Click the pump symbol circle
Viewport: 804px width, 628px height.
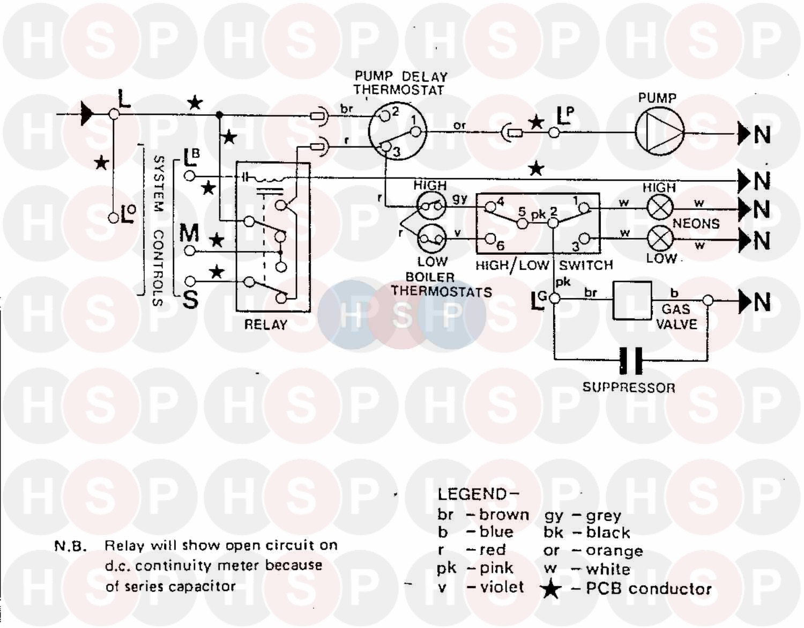pos(660,131)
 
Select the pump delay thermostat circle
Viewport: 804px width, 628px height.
pos(397,131)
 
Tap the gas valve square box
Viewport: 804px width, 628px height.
pos(632,300)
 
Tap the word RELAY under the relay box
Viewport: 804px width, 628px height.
pos(265,324)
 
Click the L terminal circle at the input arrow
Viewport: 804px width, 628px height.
pos(114,114)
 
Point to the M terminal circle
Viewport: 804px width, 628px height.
pos(189,250)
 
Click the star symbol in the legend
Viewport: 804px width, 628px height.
pos(550,589)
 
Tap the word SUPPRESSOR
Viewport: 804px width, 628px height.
pos(629,387)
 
